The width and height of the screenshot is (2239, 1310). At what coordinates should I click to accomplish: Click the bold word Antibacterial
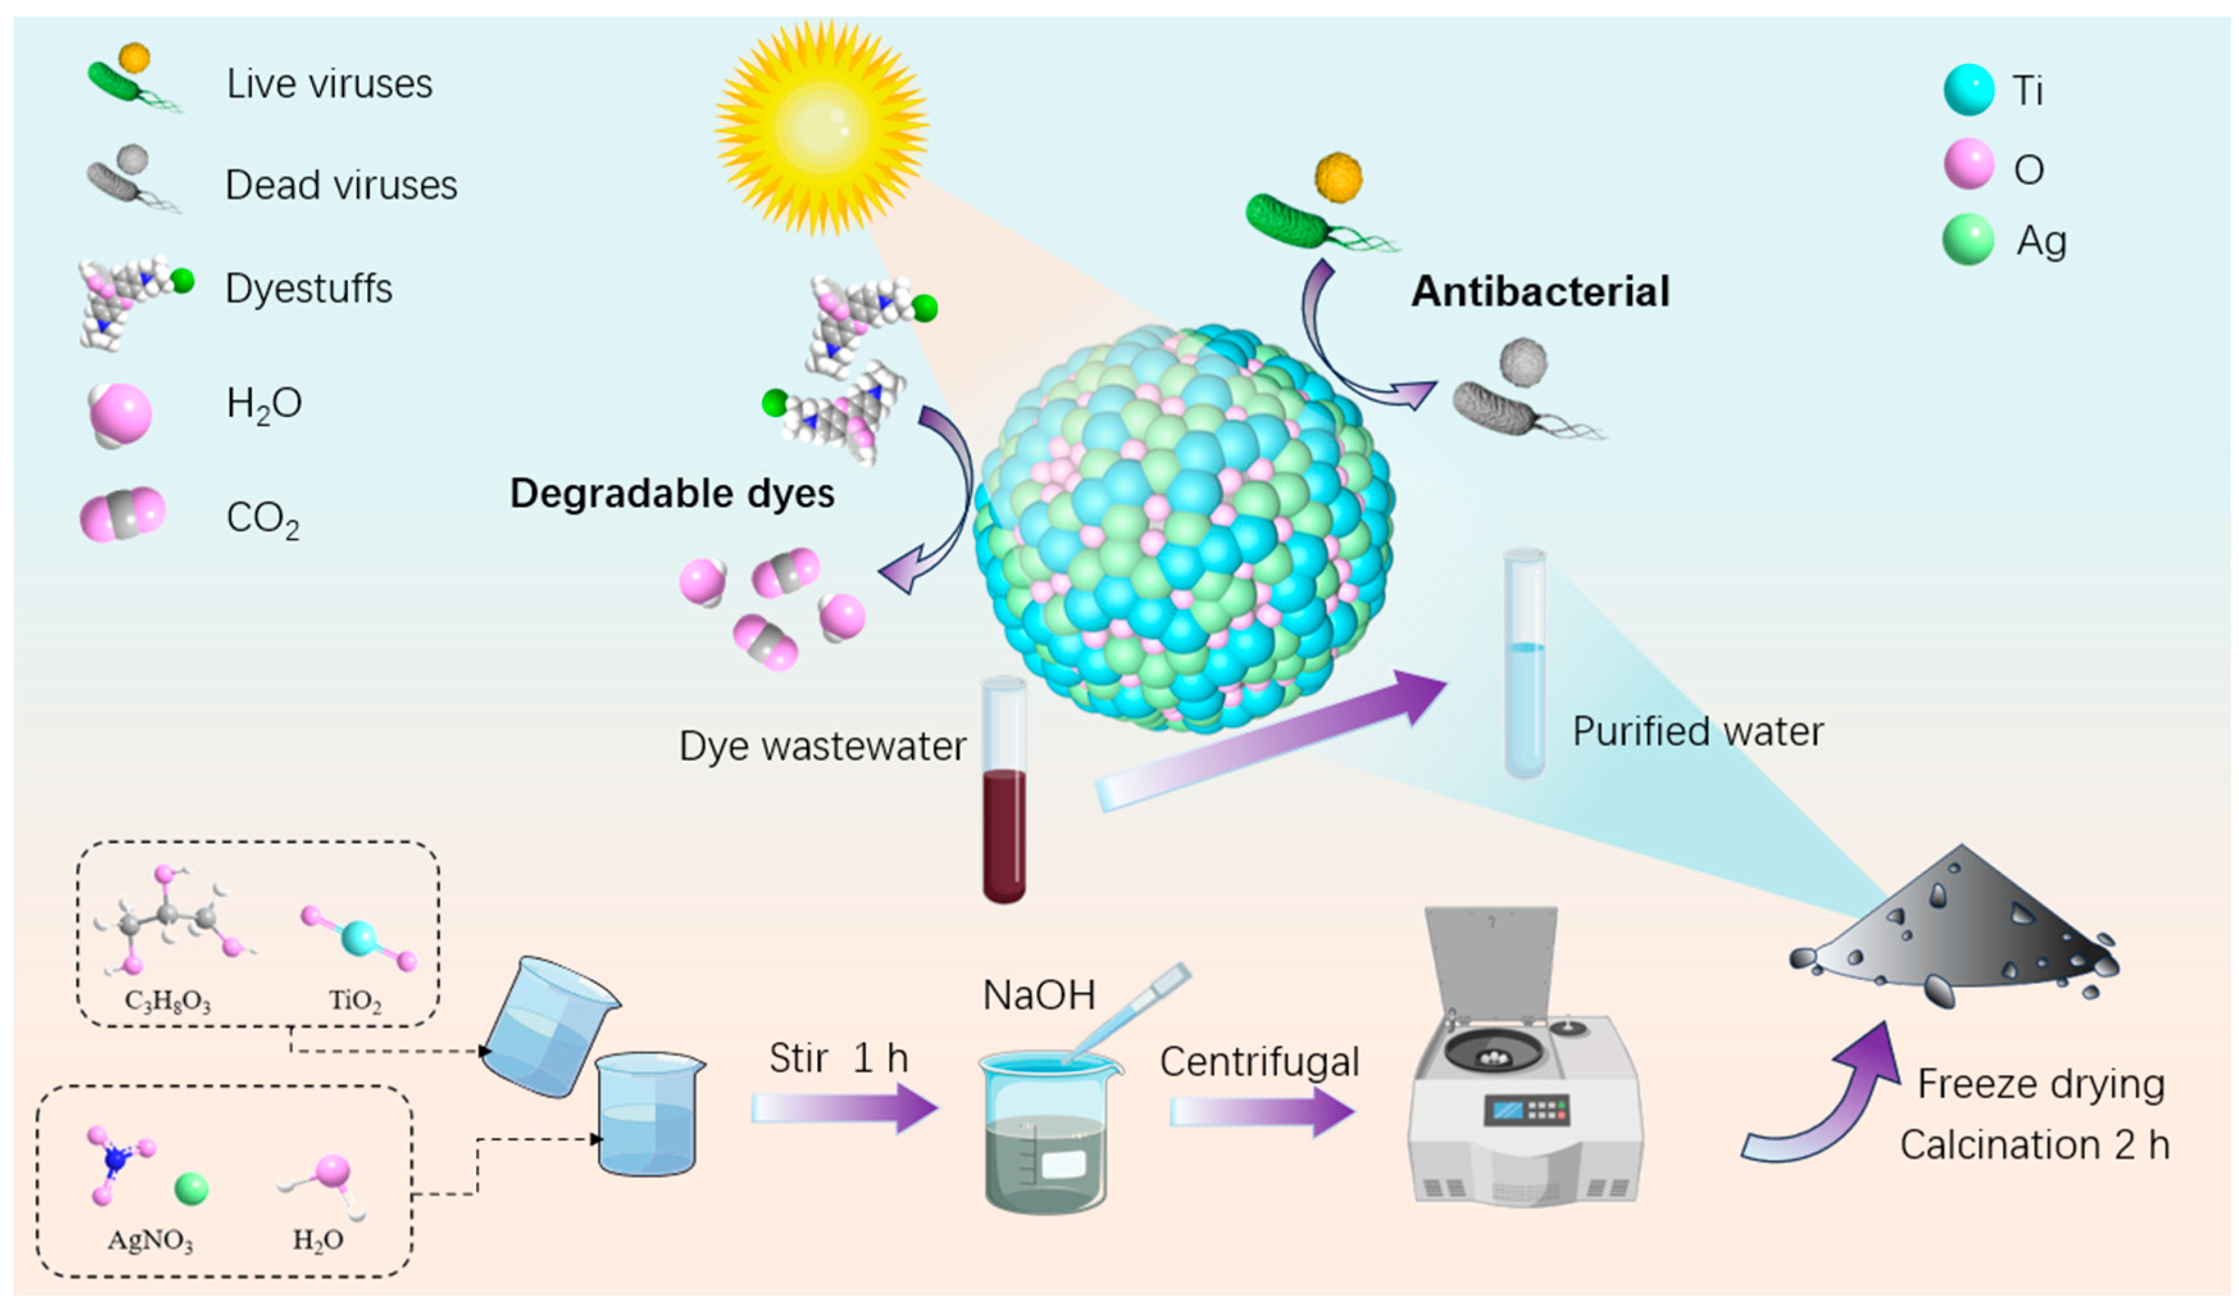tap(1540, 291)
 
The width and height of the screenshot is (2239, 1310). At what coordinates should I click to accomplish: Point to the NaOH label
tap(1039, 995)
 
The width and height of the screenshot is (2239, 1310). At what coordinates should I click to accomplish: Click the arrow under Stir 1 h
tap(844, 1108)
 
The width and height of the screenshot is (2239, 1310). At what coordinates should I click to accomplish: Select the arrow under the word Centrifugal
tap(1262, 1111)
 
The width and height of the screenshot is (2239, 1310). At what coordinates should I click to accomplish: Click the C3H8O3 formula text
tap(168, 1001)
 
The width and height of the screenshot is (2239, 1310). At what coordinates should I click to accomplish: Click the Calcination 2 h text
tap(2035, 1145)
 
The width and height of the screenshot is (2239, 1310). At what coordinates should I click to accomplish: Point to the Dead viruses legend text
tap(341, 184)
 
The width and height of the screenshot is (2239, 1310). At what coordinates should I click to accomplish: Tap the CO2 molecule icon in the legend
tap(122, 514)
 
